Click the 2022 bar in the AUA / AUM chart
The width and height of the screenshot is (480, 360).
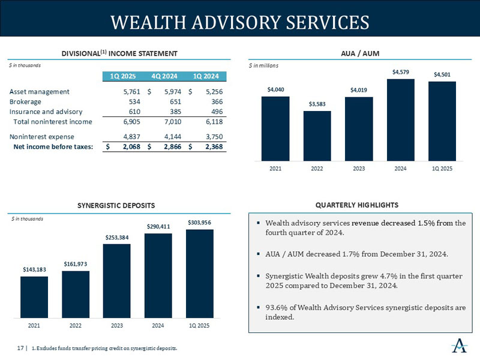[x=317, y=136]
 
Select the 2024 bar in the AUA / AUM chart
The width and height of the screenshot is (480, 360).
[x=401, y=120]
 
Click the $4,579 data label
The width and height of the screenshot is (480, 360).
[x=401, y=73]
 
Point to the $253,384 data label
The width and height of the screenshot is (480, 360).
[x=116, y=238]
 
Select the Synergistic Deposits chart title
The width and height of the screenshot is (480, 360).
[x=116, y=205]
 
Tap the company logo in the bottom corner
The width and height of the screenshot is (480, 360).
[x=460, y=346]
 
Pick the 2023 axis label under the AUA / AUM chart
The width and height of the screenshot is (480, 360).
[x=359, y=169]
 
